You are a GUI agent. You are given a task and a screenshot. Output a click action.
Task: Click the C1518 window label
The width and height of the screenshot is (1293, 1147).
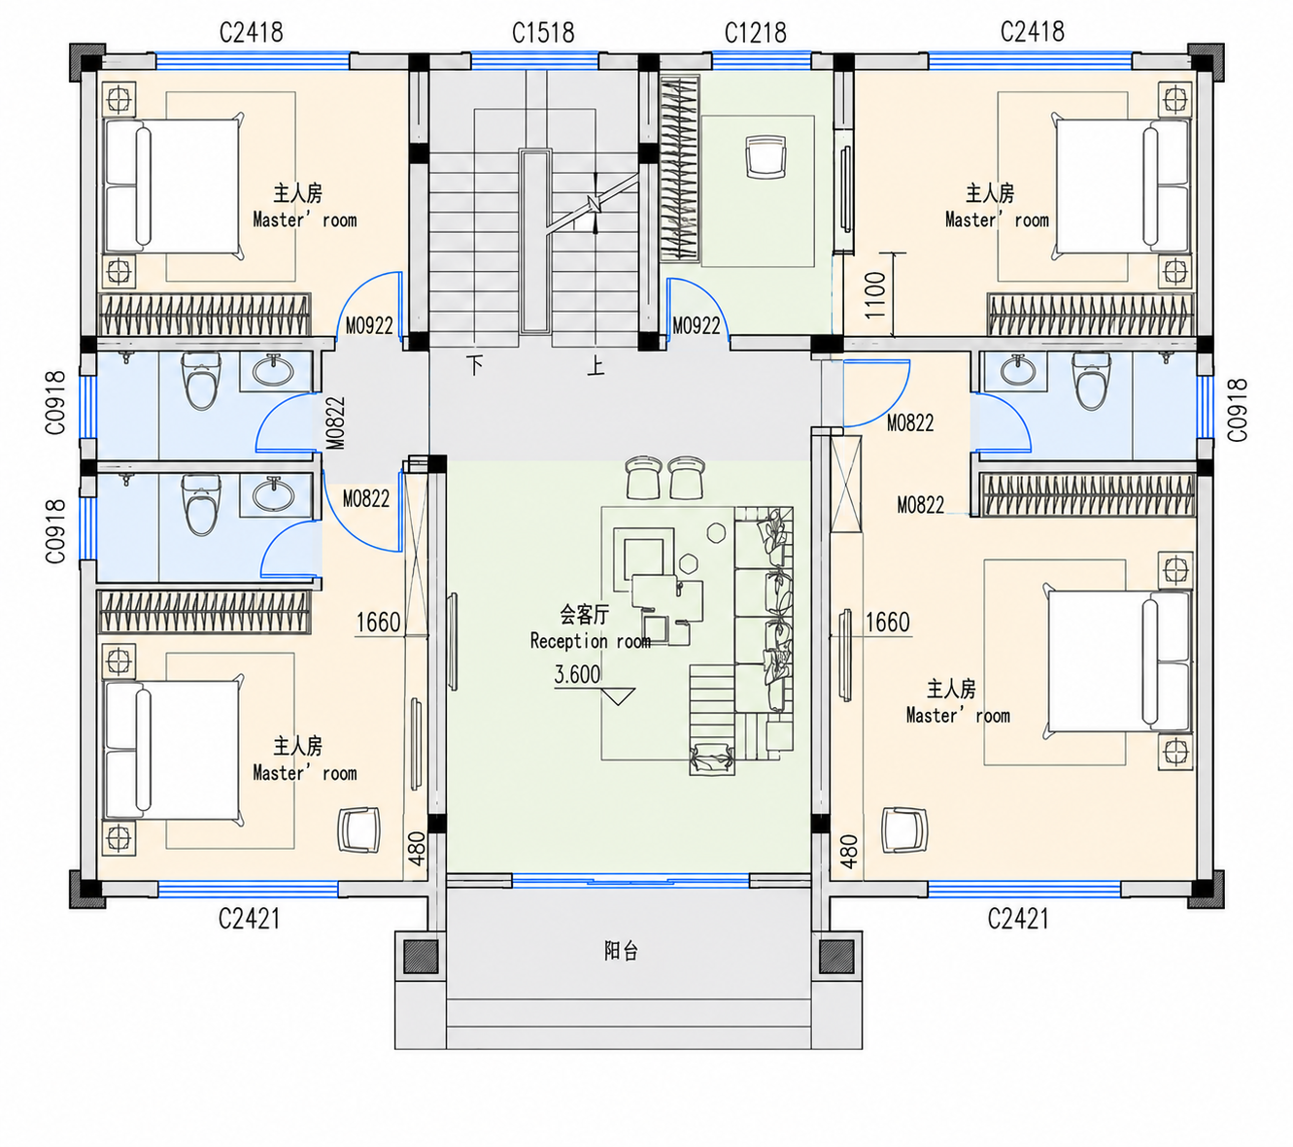tap(542, 32)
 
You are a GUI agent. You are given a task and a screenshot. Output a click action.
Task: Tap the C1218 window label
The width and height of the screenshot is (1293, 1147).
tap(755, 32)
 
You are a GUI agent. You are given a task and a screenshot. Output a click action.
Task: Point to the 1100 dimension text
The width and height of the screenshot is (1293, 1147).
tap(875, 294)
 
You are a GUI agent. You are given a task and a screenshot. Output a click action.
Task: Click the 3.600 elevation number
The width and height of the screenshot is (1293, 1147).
tap(577, 674)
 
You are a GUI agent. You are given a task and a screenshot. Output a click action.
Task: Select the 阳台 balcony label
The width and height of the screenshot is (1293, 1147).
tap(621, 951)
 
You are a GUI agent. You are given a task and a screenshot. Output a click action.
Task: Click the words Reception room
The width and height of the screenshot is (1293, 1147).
tap(591, 640)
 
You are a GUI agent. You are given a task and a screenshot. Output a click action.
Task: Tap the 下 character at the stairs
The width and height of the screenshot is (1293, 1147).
tap(475, 365)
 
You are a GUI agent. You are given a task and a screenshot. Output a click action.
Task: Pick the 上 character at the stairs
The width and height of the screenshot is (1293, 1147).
tap(595, 365)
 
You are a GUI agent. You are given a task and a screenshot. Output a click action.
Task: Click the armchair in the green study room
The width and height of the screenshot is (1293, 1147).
tap(766, 154)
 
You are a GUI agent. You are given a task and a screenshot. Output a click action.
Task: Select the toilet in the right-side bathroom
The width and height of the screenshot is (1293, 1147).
tap(1091, 381)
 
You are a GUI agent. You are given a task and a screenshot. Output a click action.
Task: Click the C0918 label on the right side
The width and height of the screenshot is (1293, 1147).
tap(1238, 410)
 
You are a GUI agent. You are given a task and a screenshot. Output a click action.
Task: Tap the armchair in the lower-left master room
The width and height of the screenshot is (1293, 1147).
tap(358, 829)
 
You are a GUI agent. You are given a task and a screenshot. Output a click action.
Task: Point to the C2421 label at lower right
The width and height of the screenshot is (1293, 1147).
tap(1018, 920)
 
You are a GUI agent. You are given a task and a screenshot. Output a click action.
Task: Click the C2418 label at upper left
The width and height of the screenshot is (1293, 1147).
tap(251, 32)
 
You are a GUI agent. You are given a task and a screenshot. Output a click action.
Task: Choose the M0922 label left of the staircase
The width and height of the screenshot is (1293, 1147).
tap(369, 326)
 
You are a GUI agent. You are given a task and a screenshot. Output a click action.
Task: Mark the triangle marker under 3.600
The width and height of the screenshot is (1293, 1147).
tap(619, 696)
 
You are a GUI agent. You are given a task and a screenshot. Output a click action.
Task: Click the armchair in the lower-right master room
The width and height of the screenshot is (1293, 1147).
tap(904, 829)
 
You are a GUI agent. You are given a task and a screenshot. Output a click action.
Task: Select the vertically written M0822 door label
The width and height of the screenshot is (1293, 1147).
tap(335, 422)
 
